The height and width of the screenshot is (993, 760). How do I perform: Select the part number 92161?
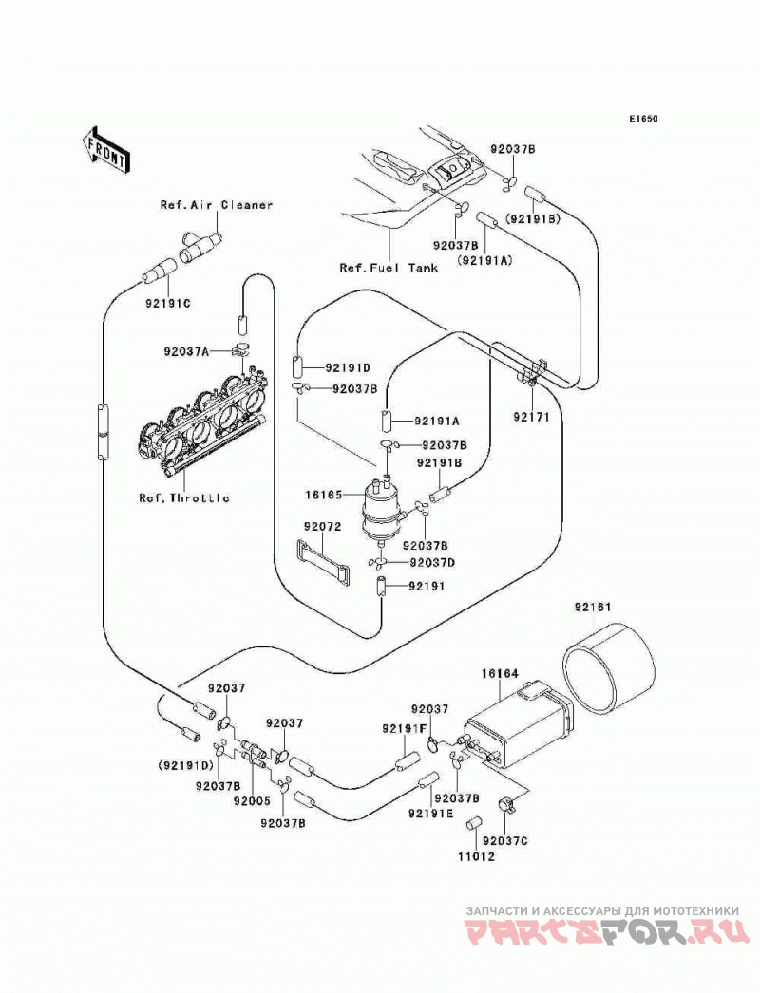(x=593, y=608)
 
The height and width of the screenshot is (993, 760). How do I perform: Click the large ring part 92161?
(x=609, y=668)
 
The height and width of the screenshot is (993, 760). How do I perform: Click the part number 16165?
(x=324, y=494)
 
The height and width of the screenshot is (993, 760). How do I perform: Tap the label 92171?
(x=531, y=418)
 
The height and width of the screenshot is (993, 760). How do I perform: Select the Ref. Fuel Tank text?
(x=389, y=268)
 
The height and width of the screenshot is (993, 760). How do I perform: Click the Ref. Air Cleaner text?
(x=217, y=204)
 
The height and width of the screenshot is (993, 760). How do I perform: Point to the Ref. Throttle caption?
(x=183, y=497)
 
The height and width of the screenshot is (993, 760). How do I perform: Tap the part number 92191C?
(x=168, y=304)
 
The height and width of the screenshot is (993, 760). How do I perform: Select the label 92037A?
(x=185, y=350)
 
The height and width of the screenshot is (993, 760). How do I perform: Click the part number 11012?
(x=476, y=857)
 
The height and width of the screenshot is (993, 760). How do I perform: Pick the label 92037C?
(x=505, y=840)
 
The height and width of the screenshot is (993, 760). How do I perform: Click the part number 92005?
(x=252, y=800)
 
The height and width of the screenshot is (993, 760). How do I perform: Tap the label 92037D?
(x=433, y=562)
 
